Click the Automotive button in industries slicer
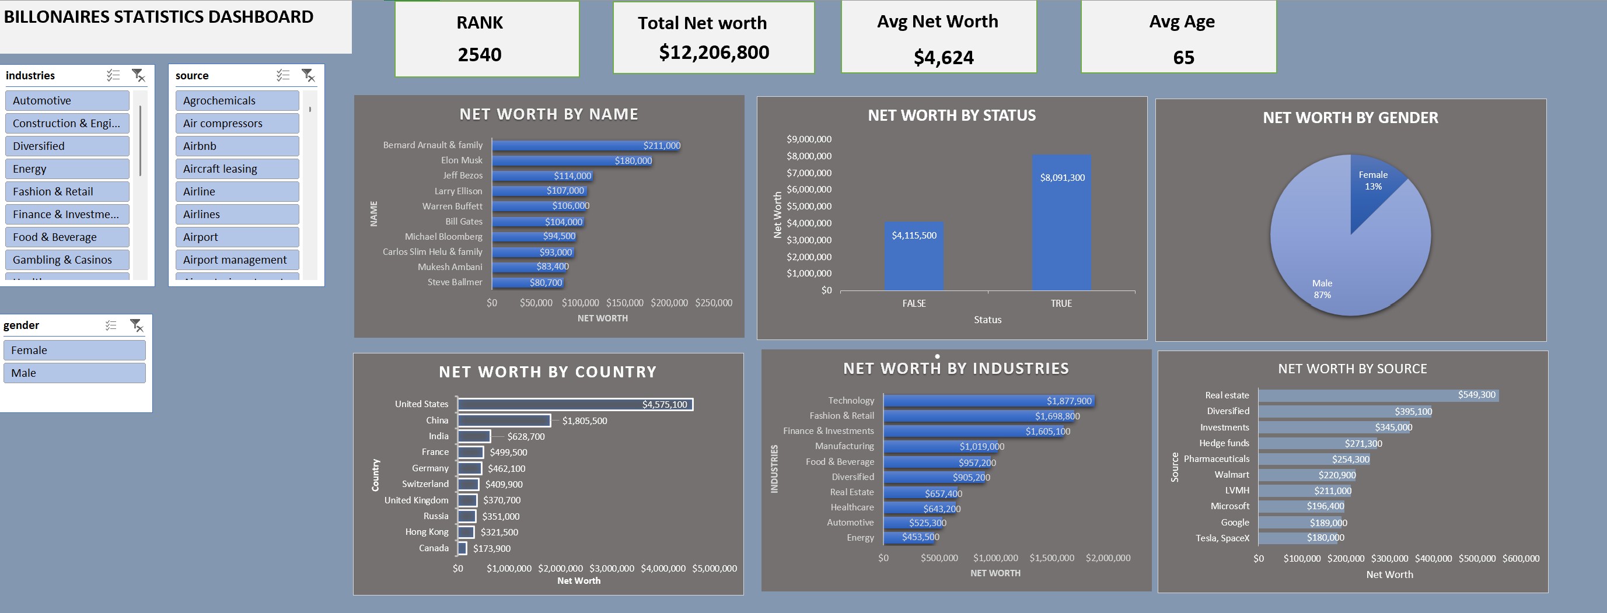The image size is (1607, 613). [67, 100]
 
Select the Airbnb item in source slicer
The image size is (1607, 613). [236, 146]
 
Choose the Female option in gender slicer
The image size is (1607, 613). [74, 350]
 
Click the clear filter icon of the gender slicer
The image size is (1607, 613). [136, 325]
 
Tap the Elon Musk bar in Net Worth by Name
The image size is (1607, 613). [571, 161]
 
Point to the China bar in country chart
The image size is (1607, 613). [504, 421]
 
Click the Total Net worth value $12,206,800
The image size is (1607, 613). [714, 52]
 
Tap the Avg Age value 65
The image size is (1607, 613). [1183, 57]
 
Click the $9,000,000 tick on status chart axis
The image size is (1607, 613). [809, 139]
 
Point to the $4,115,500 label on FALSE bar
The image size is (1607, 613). [913, 235]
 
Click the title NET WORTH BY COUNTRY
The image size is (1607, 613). [547, 372]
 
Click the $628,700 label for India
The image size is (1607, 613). [525, 436]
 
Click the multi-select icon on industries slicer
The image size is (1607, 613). [113, 75]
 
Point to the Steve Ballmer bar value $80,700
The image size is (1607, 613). [545, 282]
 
